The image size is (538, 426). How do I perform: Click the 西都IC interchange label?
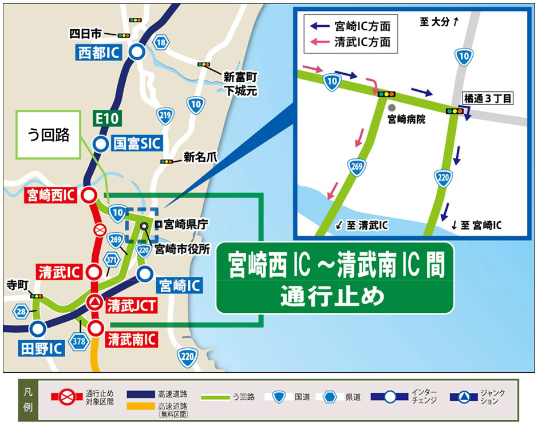click(x=100, y=53)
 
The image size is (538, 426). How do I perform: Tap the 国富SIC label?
click(x=136, y=144)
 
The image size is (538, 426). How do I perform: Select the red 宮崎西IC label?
click(x=51, y=196)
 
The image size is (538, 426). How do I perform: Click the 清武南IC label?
click(x=132, y=339)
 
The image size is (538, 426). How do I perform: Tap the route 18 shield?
click(x=162, y=42)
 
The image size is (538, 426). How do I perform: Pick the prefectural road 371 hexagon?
click(x=111, y=261)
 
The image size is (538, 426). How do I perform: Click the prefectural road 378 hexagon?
click(x=78, y=341)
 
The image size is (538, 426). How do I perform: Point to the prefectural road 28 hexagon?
click(x=21, y=311)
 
